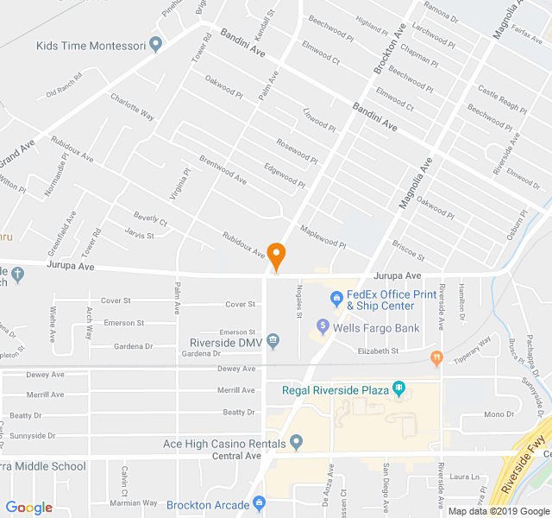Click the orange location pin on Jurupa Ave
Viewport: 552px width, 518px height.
[x=276, y=255]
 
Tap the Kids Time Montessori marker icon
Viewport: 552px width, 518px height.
[x=155, y=44]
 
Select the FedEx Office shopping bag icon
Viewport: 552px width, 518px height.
[x=336, y=300]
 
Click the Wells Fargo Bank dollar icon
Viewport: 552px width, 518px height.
[x=323, y=327]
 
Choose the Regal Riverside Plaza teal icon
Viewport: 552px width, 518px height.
[x=398, y=389]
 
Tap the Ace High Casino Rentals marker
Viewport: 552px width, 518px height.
[x=297, y=444]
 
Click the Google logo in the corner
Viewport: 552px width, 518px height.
[x=29, y=508]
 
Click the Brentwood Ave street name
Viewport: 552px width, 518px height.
[x=223, y=167]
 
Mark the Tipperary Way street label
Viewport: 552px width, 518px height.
[x=473, y=345]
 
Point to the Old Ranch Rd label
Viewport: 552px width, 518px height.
[x=64, y=89]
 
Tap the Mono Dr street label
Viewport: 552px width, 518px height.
[x=499, y=414]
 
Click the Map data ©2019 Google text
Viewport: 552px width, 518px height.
[x=498, y=510]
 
